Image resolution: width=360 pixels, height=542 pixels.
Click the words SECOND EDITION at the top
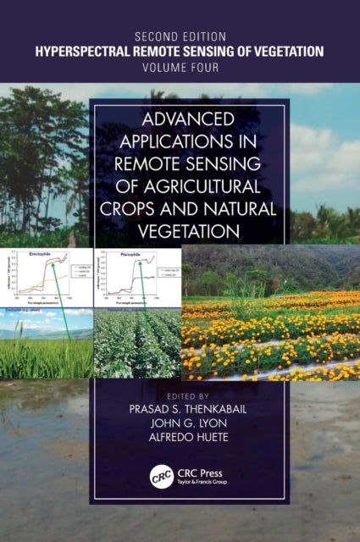point(180,36)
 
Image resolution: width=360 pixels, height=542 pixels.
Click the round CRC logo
point(161,476)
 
